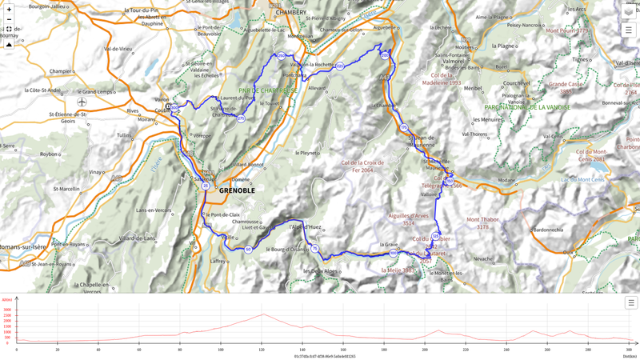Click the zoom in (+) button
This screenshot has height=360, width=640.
click(9, 9)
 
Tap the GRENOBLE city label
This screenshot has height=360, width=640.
click(237, 190)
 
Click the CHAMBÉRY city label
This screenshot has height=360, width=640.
click(290, 13)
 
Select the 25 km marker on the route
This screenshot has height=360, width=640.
click(206, 186)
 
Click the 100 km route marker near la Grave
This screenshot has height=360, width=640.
click(394, 253)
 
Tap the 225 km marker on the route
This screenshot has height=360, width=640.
click(340, 66)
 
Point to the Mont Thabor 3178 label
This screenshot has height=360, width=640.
click(483, 223)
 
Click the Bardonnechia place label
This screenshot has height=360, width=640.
click(548, 230)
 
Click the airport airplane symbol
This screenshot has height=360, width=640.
click(82, 102)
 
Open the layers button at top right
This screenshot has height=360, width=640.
click(629, 11)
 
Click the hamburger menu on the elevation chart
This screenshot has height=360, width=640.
click(630, 303)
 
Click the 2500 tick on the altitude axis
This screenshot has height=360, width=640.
click(7, 315)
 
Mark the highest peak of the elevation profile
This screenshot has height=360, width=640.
click(263, 314)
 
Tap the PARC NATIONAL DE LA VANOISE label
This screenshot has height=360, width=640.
click(527, 106)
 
